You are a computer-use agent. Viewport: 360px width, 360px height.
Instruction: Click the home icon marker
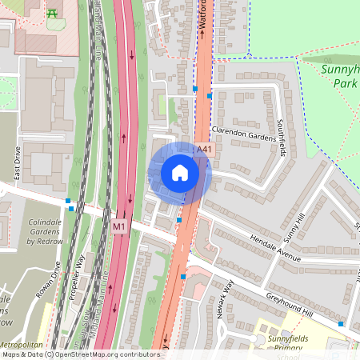pos(180,173)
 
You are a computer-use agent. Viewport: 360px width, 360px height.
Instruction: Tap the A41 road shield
pos(205,148)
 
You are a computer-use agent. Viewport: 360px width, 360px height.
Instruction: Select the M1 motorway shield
pos(119,226)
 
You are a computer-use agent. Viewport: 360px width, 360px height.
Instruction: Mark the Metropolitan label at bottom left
pos(23,343)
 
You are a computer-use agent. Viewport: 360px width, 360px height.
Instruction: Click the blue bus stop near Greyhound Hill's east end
pos(341,324)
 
